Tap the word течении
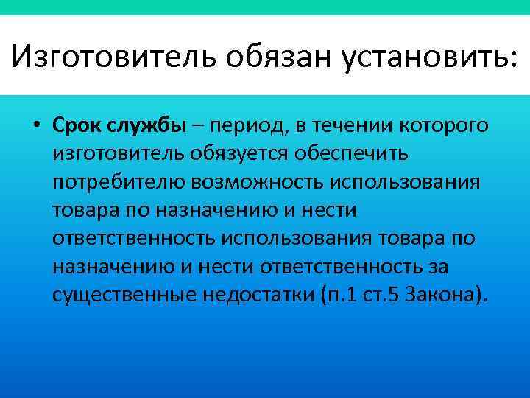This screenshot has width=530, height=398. pos(372,125)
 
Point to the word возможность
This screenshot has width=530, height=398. pos(241,182)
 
